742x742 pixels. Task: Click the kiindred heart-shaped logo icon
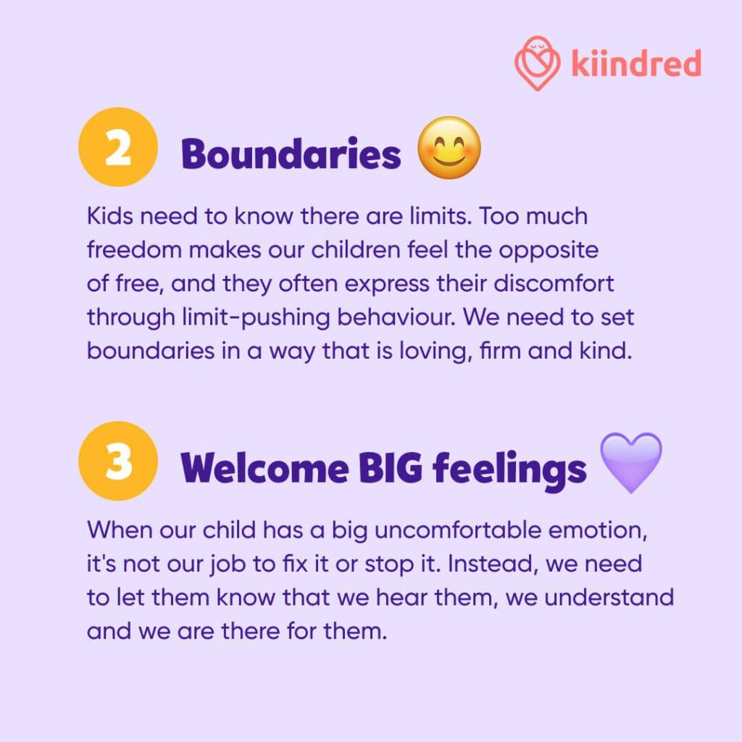point(537,63)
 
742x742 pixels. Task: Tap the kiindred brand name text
point(636,63)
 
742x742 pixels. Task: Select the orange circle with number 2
point(118,147)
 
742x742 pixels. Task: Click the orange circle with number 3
point(118,461)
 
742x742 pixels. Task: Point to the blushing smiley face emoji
point(449,148)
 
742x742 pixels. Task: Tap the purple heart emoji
point(631,462)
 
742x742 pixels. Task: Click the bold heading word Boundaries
point(291,154)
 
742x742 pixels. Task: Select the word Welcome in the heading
point(264,468)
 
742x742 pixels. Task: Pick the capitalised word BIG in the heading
point(391,468)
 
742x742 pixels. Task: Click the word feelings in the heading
point(509,470)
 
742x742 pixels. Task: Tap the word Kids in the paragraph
point(110,216)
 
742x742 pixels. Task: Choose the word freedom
point(134,250)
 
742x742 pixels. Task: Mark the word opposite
point(549,251)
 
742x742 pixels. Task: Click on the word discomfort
point(554,283)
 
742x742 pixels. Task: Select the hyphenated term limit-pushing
point(256,318)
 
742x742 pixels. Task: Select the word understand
point(609,597)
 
